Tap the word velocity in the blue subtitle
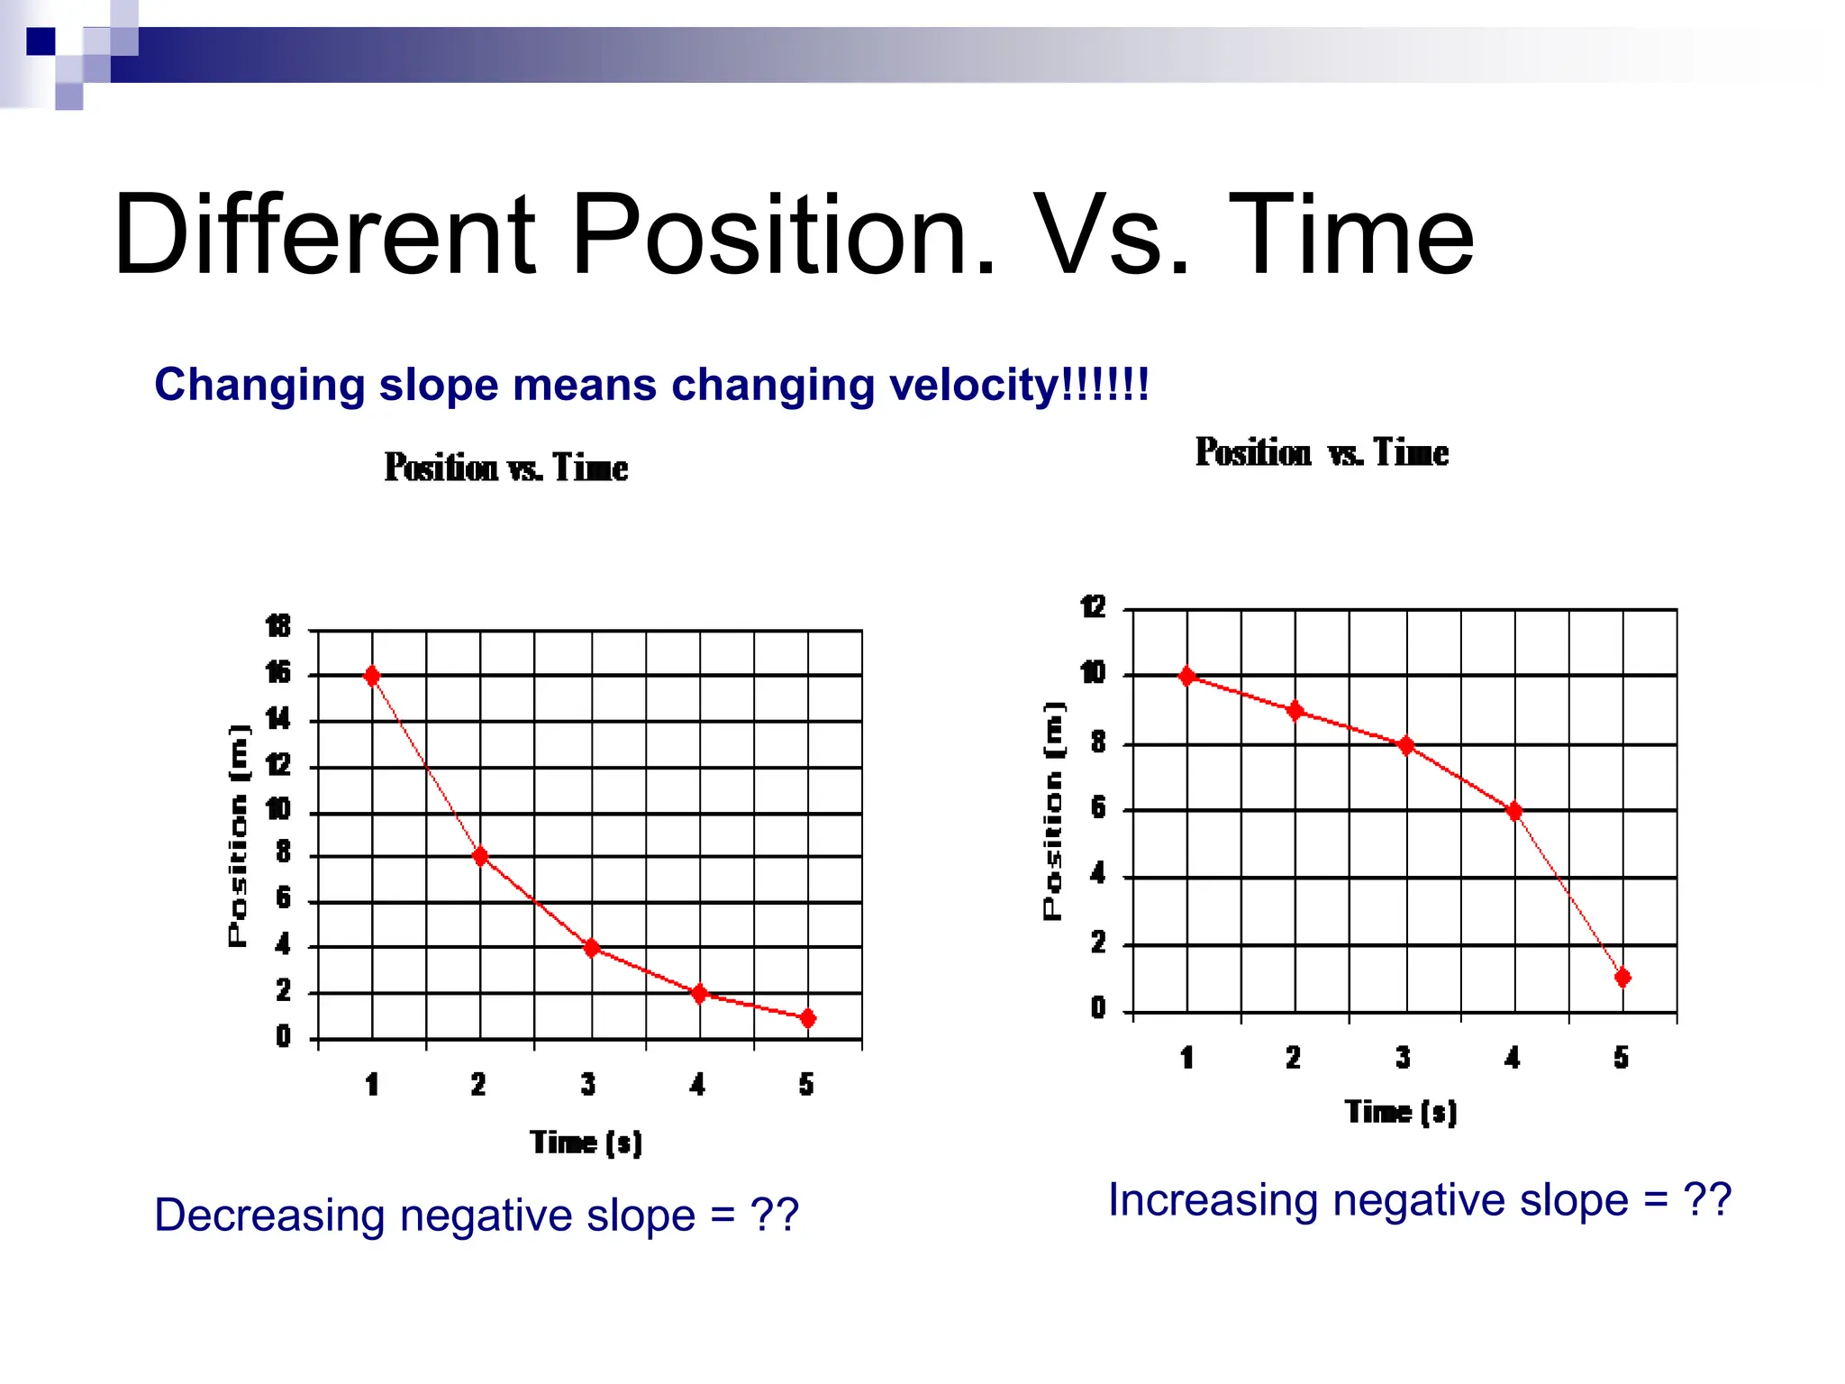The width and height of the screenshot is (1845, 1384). click(969, 386)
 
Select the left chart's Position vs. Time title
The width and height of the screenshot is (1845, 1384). click(505, 468)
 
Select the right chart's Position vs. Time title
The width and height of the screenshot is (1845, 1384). click(1322, 452)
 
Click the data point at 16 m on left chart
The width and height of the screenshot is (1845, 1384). click(372, 676)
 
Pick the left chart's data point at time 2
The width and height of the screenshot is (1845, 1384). click(480, 856)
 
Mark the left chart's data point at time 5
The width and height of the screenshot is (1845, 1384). click(808, 1018)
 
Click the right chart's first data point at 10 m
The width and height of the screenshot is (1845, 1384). click(1187, 676)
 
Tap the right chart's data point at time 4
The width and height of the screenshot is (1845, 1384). click(1514, 811)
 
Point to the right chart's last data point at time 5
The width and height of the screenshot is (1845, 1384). click(1622, 978)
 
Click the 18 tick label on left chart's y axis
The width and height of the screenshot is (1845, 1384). click(278, 625)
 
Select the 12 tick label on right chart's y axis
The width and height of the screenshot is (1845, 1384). click(1093, 606)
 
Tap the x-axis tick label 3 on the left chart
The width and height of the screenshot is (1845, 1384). click(588, 1084)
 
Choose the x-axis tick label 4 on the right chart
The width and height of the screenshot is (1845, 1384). click(1513, 1057)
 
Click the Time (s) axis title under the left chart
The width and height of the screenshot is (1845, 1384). click(586, 1143)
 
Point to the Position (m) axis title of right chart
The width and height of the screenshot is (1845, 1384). click(1053, 810)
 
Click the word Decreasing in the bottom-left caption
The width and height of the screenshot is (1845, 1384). click(269, 1216)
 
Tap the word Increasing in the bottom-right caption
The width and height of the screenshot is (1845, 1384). click(1213, 1200)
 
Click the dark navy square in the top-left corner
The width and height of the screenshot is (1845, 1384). click(41, 41)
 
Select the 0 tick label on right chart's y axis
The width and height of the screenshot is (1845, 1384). click(1097, 1007)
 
